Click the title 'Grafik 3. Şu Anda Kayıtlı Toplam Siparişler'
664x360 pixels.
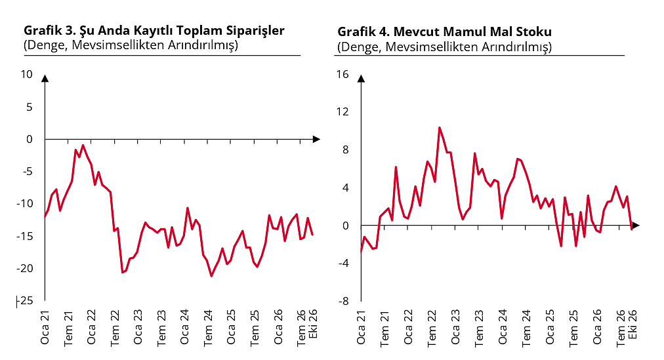[x=154, y=31]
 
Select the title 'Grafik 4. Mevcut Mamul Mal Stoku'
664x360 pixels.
[x=445, y=31]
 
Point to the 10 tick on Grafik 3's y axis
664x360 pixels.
[x=27, y=75]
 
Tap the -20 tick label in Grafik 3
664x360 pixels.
[x=24, y=268]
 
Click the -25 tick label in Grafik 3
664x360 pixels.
[x=24, y=301]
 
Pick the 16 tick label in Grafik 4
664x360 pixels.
[x=342, y=75]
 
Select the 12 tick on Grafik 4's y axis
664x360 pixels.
[x=342, y=111]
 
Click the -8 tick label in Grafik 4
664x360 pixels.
[x=343, y=301]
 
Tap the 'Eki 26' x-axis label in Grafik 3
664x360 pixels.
[x=313, y=324]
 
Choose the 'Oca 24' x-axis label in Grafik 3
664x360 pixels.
[x=184, y=327]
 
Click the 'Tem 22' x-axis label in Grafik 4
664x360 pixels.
[x=432, y=329]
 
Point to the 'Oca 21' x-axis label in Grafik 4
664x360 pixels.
[x=361, y=328]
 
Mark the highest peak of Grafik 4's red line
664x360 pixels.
[x=439, y=127]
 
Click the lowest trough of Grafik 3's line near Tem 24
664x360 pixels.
[x=211, y=276]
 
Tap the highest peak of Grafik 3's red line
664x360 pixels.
[x=83, y=146]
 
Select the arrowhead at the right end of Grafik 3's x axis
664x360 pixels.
[x=316, y=139]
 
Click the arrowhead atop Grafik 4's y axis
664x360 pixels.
[x=362, y=78]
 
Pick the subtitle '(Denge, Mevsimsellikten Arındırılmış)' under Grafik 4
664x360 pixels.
[x=445, y=47]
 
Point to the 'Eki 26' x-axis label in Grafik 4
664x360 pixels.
[x=633, y=325]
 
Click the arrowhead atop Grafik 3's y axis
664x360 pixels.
[x=45, y=78]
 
